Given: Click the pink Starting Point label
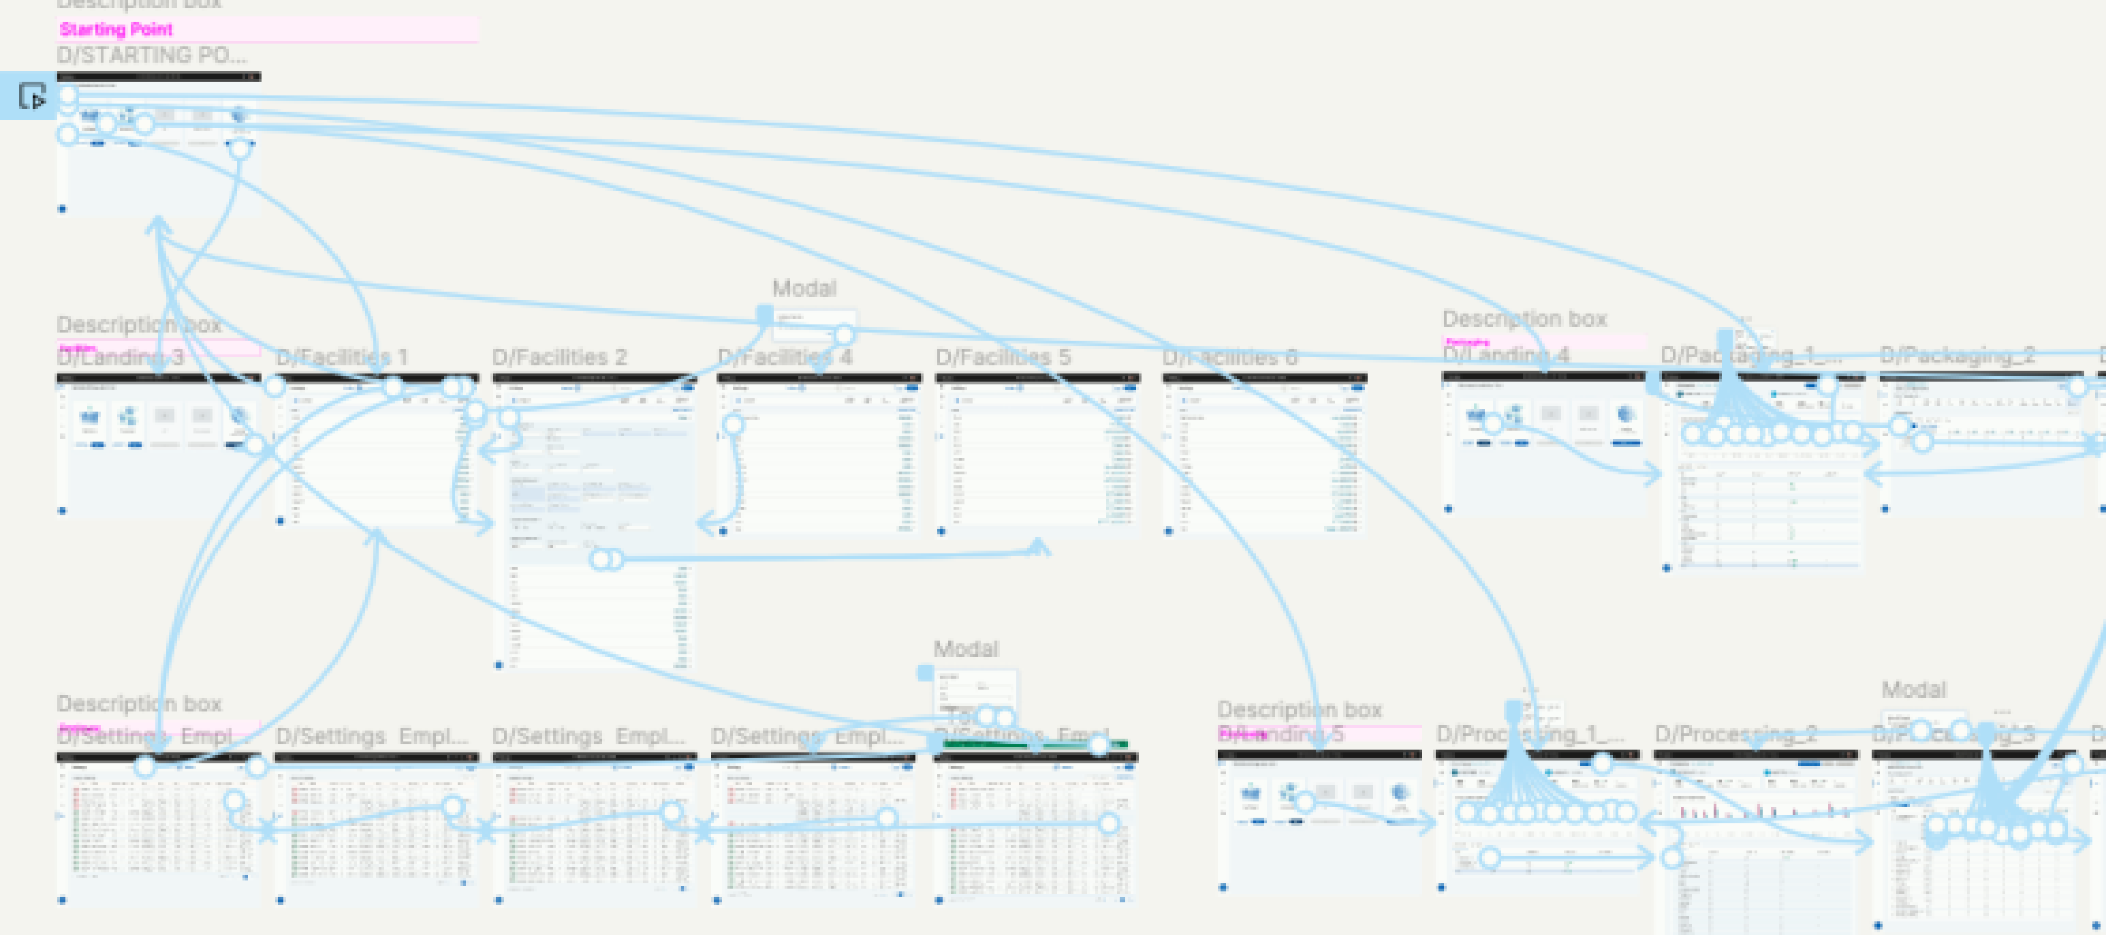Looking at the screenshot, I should pos(116,29).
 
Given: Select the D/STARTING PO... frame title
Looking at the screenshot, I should pos(151,55).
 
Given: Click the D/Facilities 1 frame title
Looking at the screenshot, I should pos(341,358).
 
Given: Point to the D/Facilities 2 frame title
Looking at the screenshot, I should pos(559,358).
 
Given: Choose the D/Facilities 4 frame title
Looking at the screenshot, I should pos(784,358).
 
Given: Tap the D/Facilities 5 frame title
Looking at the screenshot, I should pos(1003,358).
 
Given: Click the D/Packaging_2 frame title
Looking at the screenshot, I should pos(1958,356).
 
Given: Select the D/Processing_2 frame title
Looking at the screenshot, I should pos(1735,735).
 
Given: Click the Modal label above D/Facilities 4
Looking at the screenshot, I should pos(804,288).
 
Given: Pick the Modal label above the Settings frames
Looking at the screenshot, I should pos(966,649).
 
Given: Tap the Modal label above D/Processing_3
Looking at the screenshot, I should pos(1913,689).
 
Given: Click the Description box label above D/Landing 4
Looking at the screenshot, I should pos(1524,319).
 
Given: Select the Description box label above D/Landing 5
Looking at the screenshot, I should pos(1299,709).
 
